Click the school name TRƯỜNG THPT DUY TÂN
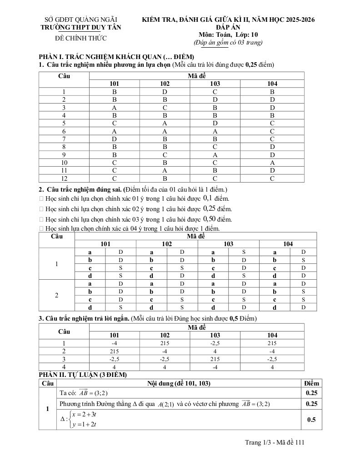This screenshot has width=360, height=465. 81,27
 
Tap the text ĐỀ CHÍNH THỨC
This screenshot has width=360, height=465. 81,38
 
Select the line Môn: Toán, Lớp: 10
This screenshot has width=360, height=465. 228,35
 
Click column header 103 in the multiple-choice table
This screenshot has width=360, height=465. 215,84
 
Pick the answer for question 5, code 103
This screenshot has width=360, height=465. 215,123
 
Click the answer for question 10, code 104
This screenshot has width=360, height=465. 272,163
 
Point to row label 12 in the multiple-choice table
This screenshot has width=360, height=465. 64,178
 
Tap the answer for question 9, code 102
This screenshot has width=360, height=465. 165,155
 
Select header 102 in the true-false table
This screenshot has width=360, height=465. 167,244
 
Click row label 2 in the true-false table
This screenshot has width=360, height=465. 56,295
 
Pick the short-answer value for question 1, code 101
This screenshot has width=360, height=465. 114,343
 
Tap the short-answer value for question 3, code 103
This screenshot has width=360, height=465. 215,359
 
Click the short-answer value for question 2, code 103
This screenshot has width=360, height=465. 215,351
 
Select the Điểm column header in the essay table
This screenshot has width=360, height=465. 311,383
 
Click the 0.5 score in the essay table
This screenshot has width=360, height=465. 311,420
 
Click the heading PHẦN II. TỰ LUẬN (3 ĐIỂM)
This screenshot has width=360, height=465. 82,375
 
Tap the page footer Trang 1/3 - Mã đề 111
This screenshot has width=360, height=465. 274,442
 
